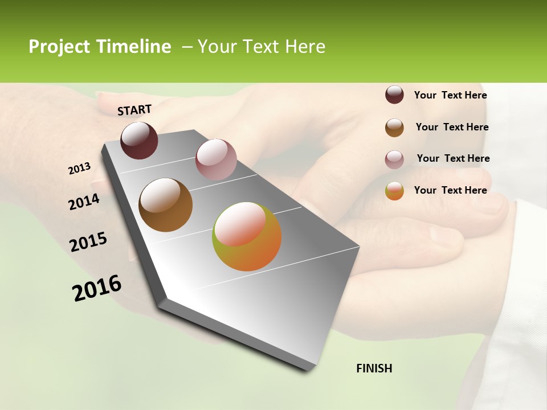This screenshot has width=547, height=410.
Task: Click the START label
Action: point(134,110)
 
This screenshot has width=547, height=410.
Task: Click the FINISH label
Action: point(374,368)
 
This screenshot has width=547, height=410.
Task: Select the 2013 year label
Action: point(80,169)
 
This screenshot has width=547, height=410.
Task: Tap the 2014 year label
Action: point(84,202)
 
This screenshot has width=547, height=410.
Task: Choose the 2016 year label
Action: point(97,288)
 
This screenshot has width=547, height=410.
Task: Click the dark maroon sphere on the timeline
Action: point(139,141)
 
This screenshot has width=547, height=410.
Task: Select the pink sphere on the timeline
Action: point(216,159)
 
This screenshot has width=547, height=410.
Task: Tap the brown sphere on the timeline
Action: point(165,205)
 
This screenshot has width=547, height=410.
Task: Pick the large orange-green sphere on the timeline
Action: point(247,236)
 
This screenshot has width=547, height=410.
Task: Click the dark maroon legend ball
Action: point(394,95)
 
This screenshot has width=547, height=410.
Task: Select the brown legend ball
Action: point(394,128)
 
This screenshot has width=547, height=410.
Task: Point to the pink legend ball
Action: point(394,159)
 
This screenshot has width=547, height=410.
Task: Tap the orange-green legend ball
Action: point(394,191)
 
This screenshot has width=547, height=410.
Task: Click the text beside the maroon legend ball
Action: point(450,95)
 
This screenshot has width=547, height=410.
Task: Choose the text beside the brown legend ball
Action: point(452,127)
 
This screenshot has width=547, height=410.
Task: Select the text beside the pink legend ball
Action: point(453,158)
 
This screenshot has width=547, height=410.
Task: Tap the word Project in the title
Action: point(59,47)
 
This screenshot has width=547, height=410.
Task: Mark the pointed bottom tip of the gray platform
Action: point(309,370)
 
